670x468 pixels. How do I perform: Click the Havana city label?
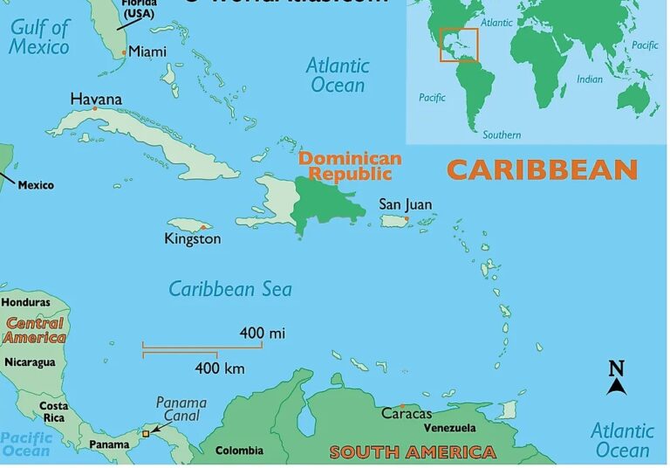coord(96,99)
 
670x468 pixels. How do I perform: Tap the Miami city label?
coord(147,52)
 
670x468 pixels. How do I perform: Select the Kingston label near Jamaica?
coord(193,238)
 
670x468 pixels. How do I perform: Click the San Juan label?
coord(405,204)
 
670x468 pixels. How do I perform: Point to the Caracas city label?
coord(407,413)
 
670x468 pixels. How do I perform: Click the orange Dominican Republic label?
coord(350,166)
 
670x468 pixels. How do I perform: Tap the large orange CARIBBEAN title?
coord(542,169)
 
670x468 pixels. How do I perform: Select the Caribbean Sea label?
coord(230,289)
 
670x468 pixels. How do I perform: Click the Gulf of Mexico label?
coord(39,37)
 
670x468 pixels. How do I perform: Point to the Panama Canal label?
coord(181,409)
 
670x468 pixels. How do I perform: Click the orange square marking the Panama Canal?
coord(146,432)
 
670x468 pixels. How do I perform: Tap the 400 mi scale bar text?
coord(263,333)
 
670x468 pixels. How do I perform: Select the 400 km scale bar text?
coord(219,368)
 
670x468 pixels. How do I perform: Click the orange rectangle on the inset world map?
coord(458,45)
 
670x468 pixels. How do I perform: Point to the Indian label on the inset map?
coord(590,79)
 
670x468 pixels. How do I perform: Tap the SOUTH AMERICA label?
coord(412,452)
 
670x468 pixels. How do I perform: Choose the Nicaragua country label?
coord(30,361)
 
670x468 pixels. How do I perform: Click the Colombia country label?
coord(239,451)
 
